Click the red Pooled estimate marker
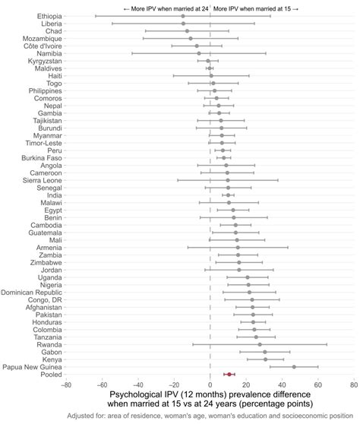(x=229, y=374)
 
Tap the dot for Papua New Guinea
(x=294, y=366)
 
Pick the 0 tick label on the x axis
(x=210, y=385)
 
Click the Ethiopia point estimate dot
(x=184, y=16)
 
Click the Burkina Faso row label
(x=41, y=157)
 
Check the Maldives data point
(x=210, y=68)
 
